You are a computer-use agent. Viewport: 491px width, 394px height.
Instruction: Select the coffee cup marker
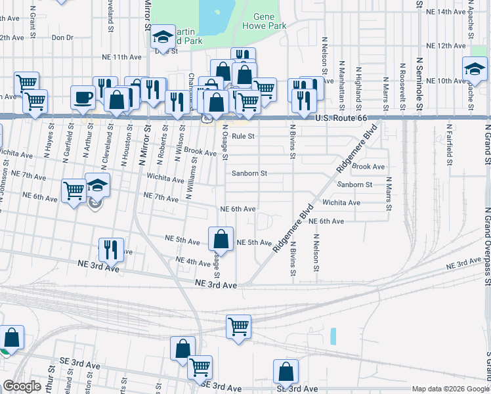coord(83,98)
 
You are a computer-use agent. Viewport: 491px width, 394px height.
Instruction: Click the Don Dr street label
coord(62,37)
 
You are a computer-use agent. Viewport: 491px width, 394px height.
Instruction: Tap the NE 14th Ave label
coord(446,12)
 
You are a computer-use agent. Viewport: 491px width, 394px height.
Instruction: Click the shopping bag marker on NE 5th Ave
coord(221,240)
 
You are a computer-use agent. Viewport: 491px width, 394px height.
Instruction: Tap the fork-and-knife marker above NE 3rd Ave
coord(110,250)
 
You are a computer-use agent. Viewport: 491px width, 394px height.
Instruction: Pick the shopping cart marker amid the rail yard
coord(238,326)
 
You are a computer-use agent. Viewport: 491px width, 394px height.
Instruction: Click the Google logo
coord(21,387)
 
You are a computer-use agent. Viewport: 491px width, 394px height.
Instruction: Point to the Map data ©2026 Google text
coord(450,389)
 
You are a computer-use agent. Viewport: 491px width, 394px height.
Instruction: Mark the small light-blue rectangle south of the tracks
coord(333,337)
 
